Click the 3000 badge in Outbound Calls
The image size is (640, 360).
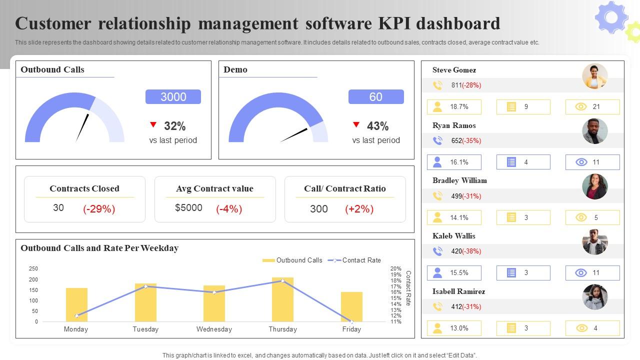point(173,97)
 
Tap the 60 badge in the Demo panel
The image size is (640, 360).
point(376,97)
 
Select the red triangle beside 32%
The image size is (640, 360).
point(153,125)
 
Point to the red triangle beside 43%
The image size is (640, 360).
point(356,125)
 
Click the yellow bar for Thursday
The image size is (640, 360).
point(282,300)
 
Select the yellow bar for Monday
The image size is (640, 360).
point(76,305)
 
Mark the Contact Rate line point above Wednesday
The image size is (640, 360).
point(214,292)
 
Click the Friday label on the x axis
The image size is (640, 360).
point(351,329)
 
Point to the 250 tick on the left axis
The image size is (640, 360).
point(33,269)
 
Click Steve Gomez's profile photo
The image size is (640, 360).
point(594,76)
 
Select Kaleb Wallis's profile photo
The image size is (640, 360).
point(594,242)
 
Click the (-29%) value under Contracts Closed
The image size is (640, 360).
point(99,209)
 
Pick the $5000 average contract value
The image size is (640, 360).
point(188,208)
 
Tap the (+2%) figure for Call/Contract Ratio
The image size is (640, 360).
point(359,209)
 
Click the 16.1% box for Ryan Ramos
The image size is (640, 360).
point(454,162)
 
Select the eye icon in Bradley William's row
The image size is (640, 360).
point(581,217)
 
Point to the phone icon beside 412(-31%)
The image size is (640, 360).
point(437,306)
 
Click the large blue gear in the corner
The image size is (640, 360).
point(611,17)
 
